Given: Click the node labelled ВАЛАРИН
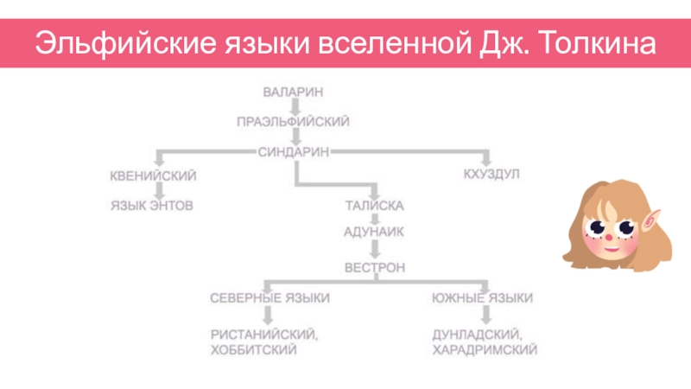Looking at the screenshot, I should click(x=294, y=90).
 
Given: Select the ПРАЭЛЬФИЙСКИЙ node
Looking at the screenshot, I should click(x=294, y=122).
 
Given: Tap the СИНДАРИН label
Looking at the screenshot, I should click(x=294, y=151).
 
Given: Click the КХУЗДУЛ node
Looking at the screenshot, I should click(x=491, y=175).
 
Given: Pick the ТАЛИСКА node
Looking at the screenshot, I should click(x=375, y=207).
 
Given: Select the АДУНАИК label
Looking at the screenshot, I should click(x=375, y=232).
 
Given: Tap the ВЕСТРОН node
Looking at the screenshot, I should click(x=375, y=268).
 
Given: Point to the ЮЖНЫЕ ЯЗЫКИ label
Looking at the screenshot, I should click(x=482, y=298).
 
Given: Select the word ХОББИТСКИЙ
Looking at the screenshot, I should click(x=254, y=350).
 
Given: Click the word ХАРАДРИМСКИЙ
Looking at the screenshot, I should click(x=485, y=350).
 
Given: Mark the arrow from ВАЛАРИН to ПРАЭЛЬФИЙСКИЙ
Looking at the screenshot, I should click(x=294, y=105).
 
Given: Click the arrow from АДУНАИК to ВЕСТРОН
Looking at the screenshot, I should click(x=375, y=250).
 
